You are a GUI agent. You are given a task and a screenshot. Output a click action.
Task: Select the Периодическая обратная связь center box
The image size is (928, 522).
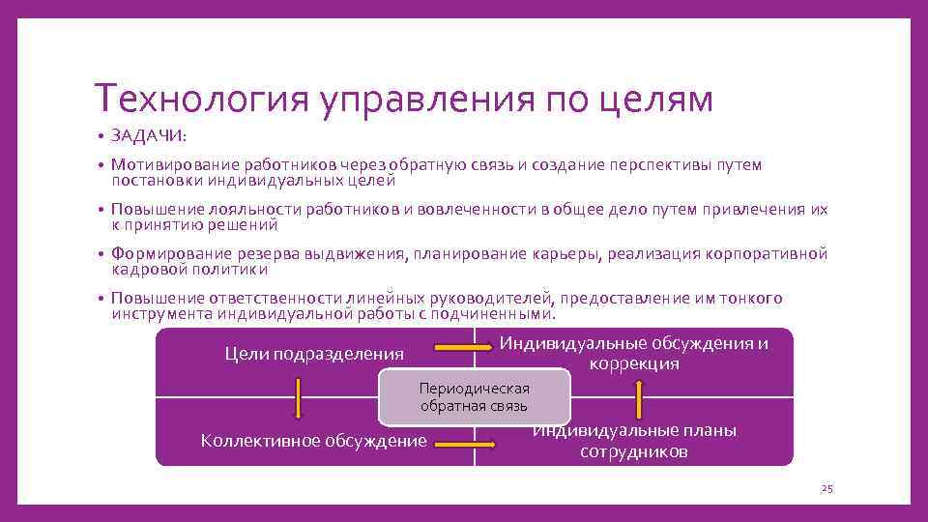(474, 396)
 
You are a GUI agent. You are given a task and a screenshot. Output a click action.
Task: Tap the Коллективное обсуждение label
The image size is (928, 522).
(313, 441)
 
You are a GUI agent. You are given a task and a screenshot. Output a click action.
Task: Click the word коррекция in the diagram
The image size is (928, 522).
(634, 364)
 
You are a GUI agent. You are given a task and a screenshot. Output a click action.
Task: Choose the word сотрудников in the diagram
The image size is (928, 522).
(634, 451)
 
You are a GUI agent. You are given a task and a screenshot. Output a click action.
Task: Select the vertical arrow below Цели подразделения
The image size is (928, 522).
(298, 397)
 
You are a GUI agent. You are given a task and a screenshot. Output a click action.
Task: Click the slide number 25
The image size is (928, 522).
(826, 489)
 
